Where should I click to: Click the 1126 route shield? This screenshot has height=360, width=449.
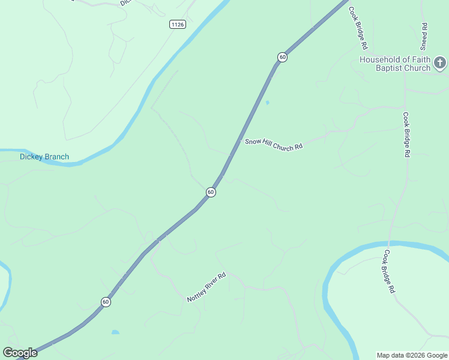[x=177, y=24]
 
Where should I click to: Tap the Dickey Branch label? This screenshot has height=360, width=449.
[x=44, y=157]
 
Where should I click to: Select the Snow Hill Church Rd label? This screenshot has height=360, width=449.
[x=273, y=145]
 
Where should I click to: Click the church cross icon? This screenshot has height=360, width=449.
[x=440, y=62]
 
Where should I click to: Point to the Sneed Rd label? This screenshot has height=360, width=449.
[x=424, y=36]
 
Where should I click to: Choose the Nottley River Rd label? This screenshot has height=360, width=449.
[x=206, y=287]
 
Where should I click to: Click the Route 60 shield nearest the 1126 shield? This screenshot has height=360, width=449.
[x=282, y=57]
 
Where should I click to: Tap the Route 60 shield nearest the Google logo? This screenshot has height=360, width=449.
[x=106, y=302]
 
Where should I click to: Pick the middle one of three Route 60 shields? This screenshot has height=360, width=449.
[x=211, y=192]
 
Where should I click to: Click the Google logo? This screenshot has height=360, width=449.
[x=20, y=353]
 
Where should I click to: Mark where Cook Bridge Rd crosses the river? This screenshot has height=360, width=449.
[x=391, y=244]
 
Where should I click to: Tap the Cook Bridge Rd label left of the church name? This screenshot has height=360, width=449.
[x=358, y=30]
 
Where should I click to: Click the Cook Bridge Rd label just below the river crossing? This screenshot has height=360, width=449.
[x=390, y=271]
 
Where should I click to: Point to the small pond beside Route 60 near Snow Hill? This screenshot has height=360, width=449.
[x=267, y=103]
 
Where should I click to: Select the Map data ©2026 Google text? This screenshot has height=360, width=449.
[x=412, y=355]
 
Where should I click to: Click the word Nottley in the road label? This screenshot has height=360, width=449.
[x=196, y=294]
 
